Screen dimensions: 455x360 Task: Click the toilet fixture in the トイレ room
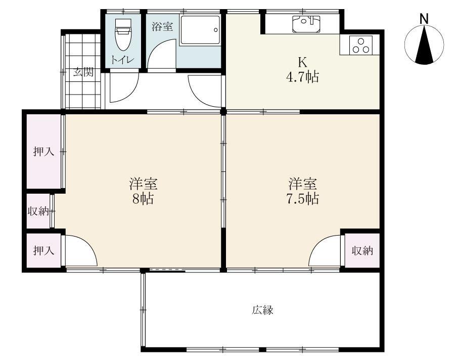123,34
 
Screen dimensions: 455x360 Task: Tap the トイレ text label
122,60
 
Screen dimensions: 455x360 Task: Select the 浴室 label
162,26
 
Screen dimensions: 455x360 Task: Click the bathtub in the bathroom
200,30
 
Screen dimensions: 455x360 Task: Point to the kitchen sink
306,24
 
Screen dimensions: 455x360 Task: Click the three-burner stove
361,45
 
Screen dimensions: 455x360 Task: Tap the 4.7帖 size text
303,77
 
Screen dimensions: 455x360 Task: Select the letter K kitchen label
302,62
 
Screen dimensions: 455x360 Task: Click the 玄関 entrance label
83,72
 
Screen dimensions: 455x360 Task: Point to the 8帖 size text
143,199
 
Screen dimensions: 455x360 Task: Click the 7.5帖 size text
303,199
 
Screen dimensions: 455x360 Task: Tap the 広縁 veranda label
262,310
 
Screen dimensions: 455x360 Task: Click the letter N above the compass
424,19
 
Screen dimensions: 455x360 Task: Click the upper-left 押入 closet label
44,152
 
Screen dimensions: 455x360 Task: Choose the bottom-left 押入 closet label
44,250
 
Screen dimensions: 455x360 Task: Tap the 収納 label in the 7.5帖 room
362,251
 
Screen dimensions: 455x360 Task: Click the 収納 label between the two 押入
38,211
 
